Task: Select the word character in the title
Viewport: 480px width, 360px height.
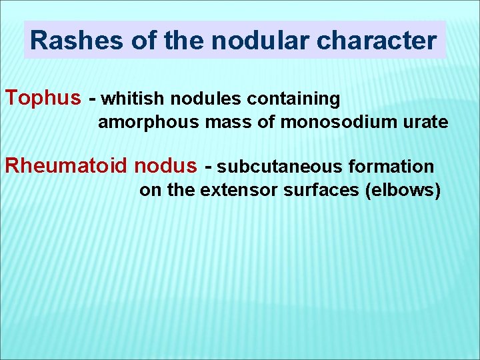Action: (376, 41)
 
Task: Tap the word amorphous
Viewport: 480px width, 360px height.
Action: (148, 123)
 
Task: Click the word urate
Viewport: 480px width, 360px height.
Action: (423, 123)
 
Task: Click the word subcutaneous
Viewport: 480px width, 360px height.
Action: (280, 167)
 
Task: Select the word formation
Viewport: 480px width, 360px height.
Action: (391, 167)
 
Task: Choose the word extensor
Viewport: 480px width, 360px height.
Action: (239, 190)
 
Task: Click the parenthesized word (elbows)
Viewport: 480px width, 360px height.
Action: (403, 191)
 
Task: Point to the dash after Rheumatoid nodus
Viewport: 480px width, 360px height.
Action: (209, 167)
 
